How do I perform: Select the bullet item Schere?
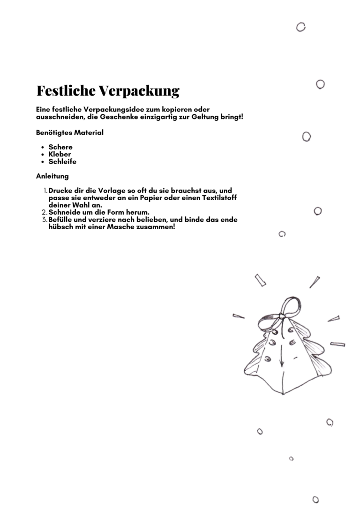(x=60, y=147)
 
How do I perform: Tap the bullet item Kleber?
(x=60, y=154)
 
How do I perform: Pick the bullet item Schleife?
(x=62, y=162)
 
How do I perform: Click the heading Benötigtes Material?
(x=70, y=133)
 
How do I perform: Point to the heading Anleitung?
(x=52, y=176)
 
